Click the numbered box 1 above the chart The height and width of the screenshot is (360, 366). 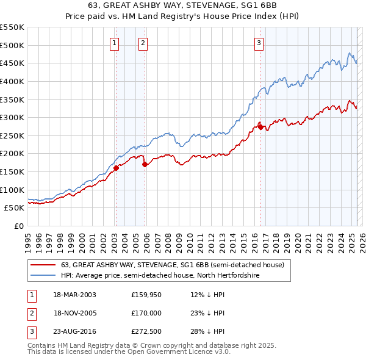click(x=115, y=43)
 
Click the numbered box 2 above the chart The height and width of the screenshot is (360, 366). click(x=142, y=43)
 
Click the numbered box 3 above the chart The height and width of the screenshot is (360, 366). click(x=259, y=43)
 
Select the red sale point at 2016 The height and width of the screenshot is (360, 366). click(x=260, y=127)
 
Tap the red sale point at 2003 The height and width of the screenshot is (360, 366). click(x=116, y=168)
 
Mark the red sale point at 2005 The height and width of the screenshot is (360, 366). click(x=145, y=164)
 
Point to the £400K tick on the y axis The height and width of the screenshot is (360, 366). click(x=13, y=81)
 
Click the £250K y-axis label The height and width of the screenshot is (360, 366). click(x=13, y=135)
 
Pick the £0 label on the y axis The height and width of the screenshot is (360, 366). click(x=18, y=226)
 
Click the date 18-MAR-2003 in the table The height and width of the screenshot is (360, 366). click(x=74, y=295)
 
